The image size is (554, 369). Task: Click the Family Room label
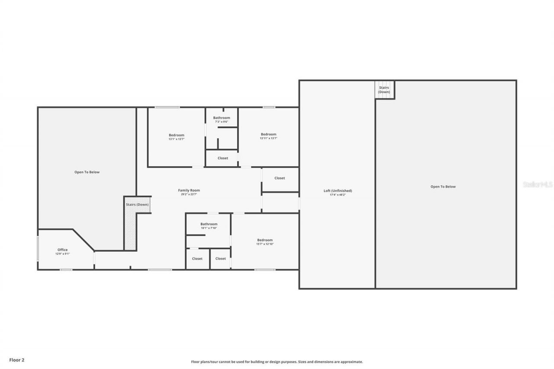(189, 190)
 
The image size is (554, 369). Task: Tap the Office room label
(62, 250)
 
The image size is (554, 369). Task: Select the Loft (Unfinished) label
(338, 191)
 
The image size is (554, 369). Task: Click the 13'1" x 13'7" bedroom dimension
(176, 139)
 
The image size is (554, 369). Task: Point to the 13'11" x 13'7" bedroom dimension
(268, 138)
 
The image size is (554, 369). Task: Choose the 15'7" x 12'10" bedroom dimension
(265, 244)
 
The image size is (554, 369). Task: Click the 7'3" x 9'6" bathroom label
(221, 122)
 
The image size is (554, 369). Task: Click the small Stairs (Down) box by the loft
(384, 90)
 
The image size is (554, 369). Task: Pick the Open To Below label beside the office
(87, 172)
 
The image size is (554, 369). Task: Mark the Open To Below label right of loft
(443, 187)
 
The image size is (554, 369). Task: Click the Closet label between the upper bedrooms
(222, 158)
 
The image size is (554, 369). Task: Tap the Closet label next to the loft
(280, 178)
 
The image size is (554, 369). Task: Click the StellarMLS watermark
(538, 184)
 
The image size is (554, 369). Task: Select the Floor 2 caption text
(17, 360)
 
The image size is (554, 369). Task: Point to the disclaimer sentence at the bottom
(277, 362)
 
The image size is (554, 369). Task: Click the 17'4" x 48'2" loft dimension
(338, 195)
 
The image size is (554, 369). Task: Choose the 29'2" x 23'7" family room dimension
(189, 195)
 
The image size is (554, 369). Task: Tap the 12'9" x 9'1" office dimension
(62, 254)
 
